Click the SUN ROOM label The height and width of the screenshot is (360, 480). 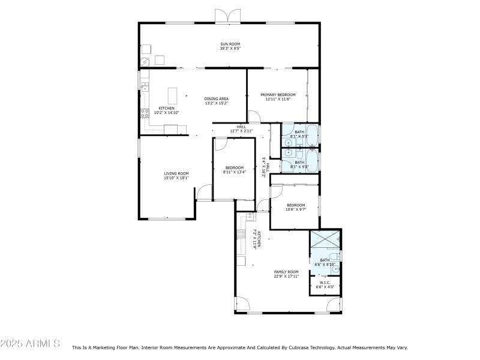pyautogui.click(x=228, y=43)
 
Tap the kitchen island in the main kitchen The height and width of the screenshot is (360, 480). pyautogui.click(x=173, y=96)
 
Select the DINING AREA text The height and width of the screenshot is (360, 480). pyautogui.click(x=216, y=98)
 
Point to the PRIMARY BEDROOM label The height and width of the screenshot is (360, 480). pyautogui.click(x=278, y=95)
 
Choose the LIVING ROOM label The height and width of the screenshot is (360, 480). pyautogui.click(x=176, y=173)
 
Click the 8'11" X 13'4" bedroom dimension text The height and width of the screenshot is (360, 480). pyautogui.click(x=234, y=172)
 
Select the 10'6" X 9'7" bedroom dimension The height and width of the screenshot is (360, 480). pyautogui.click(x=295, y=209)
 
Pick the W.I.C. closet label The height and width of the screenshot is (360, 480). pyautogui.click(x=325, y=283)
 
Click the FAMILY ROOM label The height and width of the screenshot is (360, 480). pyautogui.click(x=286, y=272)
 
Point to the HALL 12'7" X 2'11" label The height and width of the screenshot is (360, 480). pyautogui.click(x=241, y=130)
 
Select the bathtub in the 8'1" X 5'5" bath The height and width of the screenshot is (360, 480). pyautogui.click(x=313, y=160)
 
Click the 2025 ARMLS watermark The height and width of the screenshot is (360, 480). pyautogui.click(x=30, y=344)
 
